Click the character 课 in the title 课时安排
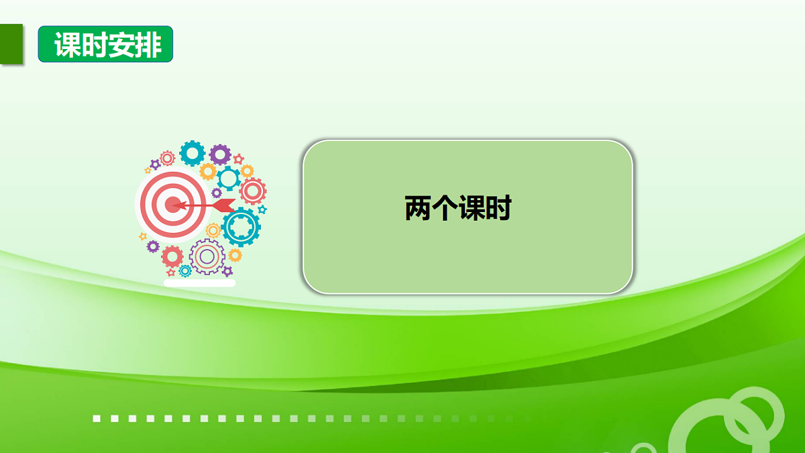click(67, 45)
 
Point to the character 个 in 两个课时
click(445, 209)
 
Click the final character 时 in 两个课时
click(498, 209)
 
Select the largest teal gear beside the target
click(241, 227)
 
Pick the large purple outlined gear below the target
click(207, 256)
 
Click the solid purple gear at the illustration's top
click(219, 154)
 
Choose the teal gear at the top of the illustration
click(193, 153)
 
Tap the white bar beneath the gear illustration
click(200, 284)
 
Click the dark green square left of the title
click(11, 45)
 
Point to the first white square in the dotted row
click(97, 419)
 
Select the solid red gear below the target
click(172, 256)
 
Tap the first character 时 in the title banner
click(94, 45)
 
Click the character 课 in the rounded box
click(472, 209)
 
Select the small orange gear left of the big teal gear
click(213, 230)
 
